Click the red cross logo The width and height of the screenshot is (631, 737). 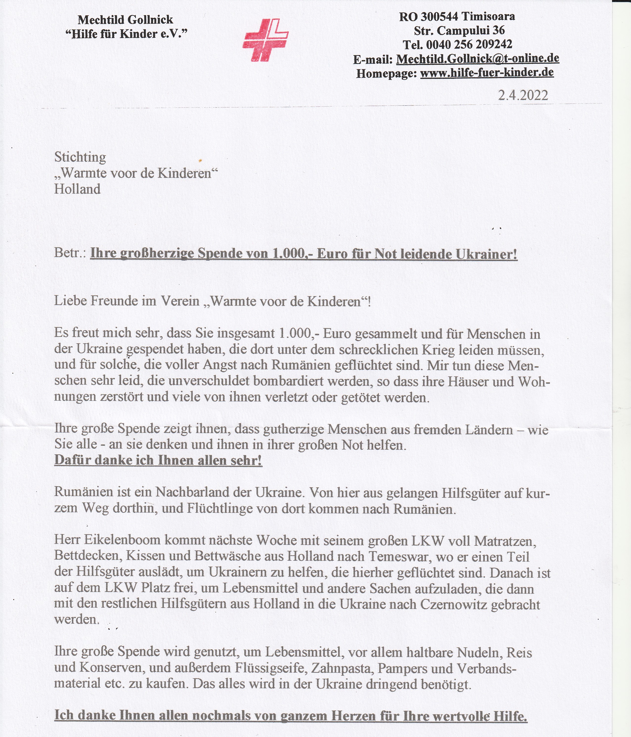(265, 39)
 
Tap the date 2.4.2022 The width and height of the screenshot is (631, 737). (523, 95)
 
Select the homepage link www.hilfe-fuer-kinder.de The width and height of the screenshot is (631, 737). (487, 73)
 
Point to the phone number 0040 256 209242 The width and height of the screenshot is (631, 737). (469, 44)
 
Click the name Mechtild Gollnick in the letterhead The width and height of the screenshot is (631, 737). (125, 20)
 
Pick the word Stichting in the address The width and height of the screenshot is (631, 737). (80, 157)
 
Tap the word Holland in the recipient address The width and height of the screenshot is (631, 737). (77, 189)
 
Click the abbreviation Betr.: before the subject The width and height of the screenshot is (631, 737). (70, 254)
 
